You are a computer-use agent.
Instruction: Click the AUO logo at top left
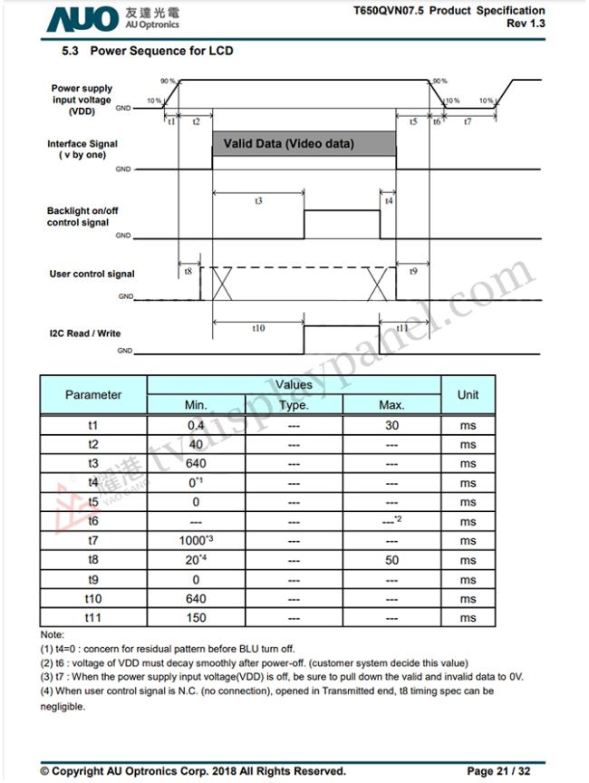[82, 18]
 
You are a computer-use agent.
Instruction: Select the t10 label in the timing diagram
[257, 328]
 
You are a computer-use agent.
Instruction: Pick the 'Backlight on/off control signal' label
[82, 217]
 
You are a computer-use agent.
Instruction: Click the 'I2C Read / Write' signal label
[84, 333]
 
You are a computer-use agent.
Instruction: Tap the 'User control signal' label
[92, 274]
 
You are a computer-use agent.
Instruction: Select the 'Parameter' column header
[92, 395]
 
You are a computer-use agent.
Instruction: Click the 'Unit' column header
[468, 395]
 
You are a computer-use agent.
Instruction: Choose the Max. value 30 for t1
[391, 425]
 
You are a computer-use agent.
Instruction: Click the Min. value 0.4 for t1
[196, 425]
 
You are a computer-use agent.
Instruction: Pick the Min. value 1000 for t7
[196, 541]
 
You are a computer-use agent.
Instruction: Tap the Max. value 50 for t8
[391, 560]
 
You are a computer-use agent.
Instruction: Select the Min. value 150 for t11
[196, 618]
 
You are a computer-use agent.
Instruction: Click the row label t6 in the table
[92, 522]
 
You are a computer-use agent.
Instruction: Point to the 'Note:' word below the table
[53, 635]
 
